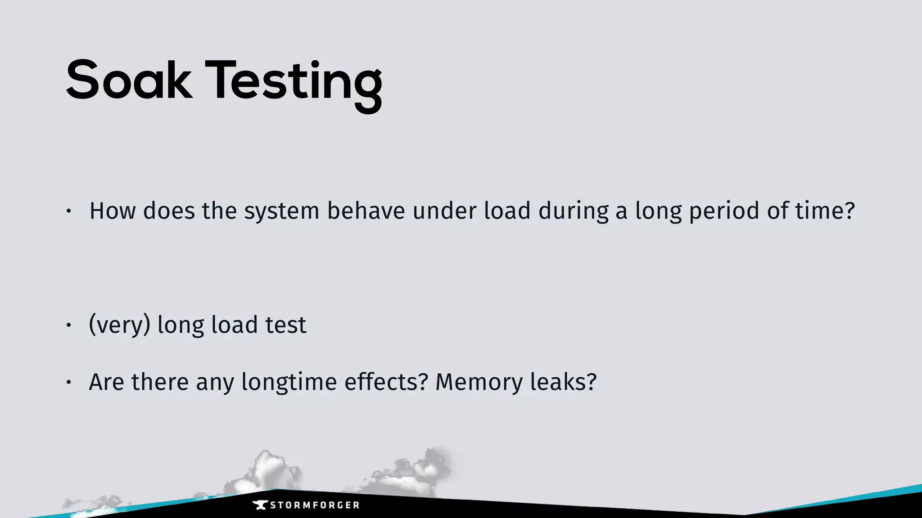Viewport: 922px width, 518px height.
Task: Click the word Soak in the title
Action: click(x=129, y=81)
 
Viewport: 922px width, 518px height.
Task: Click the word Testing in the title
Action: click(x=294, y=83)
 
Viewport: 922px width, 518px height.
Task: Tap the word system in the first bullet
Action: click(x=282, y=211)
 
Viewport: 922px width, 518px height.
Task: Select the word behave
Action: click(x=366, y=211)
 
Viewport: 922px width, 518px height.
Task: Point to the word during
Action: click(x=574, y=211)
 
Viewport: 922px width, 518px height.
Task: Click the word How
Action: click(x=113, y=211)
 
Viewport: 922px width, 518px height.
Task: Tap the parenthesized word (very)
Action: click(x=120, y=325)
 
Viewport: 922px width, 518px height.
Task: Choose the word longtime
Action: click(x=289, y=382)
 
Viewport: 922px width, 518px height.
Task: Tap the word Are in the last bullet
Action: click(x=107, y=382)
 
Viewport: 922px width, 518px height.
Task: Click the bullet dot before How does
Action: click(x=68, y=211)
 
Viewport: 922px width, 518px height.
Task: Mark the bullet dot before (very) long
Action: click(x=68, y=325)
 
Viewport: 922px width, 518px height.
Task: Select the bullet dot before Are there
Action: click(x=68, y=382)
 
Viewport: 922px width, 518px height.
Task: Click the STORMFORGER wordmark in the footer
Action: click(x=315, y=505)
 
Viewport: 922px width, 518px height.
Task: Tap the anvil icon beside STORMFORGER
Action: click(x=260, y=505)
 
